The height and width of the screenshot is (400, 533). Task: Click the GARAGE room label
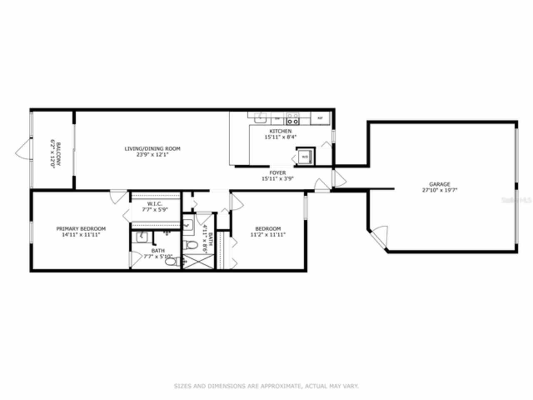pos(439,184)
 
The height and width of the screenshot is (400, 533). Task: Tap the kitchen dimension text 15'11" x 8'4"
pos(281,137)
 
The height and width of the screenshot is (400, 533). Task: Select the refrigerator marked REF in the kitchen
pos(320,118)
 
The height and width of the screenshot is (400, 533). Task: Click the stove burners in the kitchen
pos(292,119)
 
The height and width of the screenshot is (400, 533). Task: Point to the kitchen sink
pos(260,117)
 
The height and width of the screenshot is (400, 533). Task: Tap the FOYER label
pos(277,173)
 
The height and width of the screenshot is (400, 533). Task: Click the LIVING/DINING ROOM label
pos(152,149)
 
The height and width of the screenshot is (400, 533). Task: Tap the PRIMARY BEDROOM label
pos(81,229)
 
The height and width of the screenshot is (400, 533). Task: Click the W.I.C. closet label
pos(154,204)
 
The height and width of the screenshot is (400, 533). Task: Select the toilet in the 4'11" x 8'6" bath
pos(192,245)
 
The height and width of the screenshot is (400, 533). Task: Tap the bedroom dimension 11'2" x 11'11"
pos(268,234)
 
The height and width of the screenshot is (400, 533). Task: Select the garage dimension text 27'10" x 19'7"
pos(439,190)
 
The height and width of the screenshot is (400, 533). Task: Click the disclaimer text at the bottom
pos(266,386)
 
